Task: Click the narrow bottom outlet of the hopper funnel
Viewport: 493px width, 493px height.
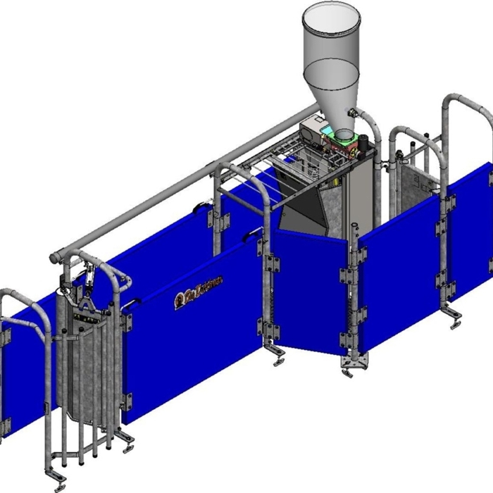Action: tap(342, 134)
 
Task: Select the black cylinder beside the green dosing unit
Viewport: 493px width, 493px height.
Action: tap(363, 142)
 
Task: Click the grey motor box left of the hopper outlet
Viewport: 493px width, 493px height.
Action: tap(309, 131)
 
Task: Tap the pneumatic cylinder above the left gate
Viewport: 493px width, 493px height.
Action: tap(89, 278)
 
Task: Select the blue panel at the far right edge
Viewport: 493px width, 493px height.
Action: tap(472, 232)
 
